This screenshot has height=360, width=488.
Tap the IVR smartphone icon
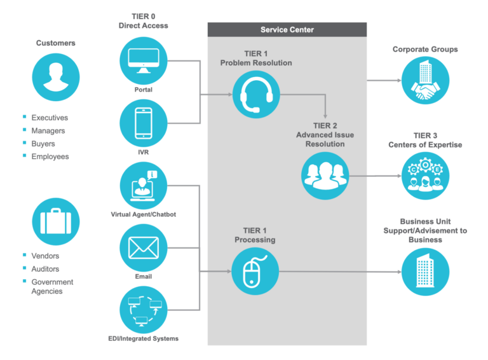pyautogui.click(x=144, y=123)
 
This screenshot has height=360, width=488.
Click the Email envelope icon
pyautogui.click(x=144, y=247)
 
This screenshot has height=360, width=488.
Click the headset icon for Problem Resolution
pyautogui.click(x=256, y=95)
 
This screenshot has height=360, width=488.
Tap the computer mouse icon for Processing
pyautogui.click(x=256, y=272)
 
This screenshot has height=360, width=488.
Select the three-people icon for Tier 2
pyautogui.click(x=325, y=175)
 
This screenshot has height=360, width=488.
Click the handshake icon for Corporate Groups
pyautogui.click(x=425, y=81)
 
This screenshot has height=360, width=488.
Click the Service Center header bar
pyautogui.click(x=287, y=30)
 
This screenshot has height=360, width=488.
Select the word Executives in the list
pyautogui.click(x=50, y=118)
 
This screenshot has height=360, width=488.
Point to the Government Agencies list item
pyautogui.click(x=52, y=286)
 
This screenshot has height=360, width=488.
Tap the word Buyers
pyautogui.click(x=43, y=144)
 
